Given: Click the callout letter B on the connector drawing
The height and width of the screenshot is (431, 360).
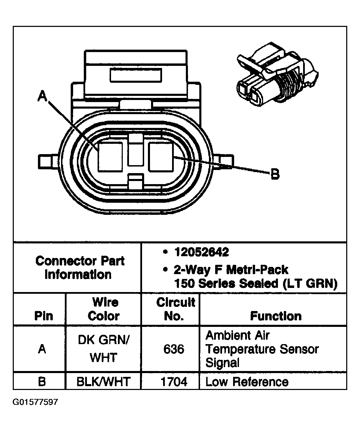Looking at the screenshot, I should point(275,174).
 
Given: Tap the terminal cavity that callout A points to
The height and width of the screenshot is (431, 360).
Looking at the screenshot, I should point(110,157).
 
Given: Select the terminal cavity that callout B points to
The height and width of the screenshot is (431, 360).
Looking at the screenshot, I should point(161,157).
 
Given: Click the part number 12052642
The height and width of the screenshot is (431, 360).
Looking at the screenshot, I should point(201,252).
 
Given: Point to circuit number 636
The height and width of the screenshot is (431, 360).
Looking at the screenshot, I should point(173,349).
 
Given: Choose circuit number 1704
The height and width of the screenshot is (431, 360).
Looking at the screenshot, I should point(174,382).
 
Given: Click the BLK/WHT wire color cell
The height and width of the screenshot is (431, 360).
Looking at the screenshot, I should point(103,382).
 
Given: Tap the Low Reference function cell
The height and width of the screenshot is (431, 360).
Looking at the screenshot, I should point(247,382).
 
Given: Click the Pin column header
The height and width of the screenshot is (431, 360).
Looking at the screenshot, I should point(44,316).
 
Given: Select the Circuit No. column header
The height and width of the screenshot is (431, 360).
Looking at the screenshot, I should point(176,309).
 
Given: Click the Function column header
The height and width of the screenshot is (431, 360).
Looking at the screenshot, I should point(276,316).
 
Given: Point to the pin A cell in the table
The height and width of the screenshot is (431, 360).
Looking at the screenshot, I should point(42,349).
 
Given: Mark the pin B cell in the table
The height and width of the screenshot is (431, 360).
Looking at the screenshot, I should point(42,382).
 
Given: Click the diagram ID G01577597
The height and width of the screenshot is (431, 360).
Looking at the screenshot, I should point(36,402).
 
